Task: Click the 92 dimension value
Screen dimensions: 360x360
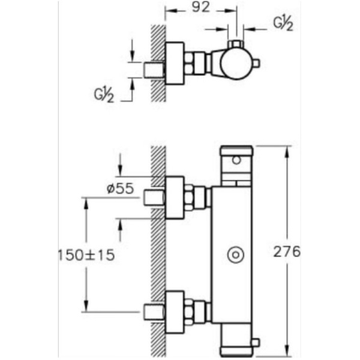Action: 201,7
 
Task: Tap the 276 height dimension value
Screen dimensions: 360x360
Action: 287,251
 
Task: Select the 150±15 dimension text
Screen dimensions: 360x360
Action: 86,255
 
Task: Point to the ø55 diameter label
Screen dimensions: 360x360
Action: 120,188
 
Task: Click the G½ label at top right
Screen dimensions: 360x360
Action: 283,23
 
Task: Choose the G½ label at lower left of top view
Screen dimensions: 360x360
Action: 104,95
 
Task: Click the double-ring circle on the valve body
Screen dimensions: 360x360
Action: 236,255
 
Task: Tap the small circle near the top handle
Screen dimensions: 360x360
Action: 236,160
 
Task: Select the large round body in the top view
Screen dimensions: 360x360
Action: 236,63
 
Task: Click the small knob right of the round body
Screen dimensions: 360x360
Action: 256,63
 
